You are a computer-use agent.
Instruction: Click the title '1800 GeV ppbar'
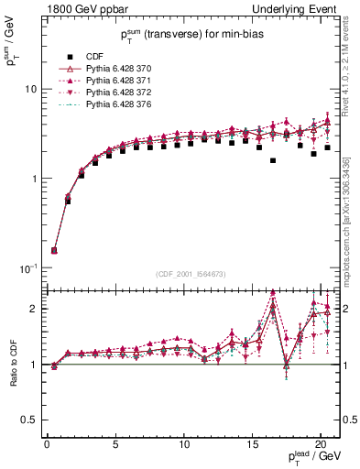pos(80,9)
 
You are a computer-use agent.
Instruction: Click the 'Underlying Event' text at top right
pos(299,9)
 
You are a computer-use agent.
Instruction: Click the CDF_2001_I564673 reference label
pos(191,275)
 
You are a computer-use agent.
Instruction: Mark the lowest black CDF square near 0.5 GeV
pos(54,250)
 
